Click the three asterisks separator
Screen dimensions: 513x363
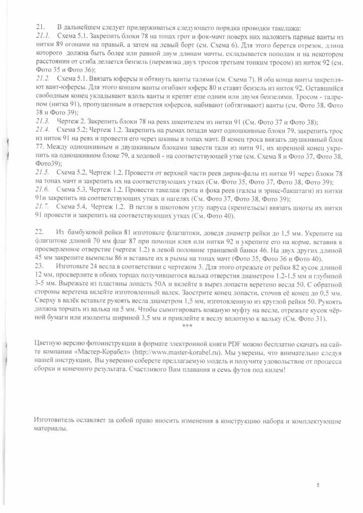click(187, 326)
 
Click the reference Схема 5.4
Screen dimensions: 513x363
click(72, 206)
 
